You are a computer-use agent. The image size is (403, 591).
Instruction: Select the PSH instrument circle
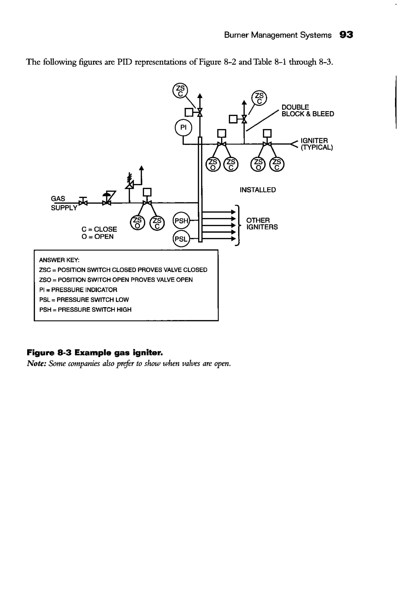pos(181,221)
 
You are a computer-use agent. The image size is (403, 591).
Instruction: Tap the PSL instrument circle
pos(181,239)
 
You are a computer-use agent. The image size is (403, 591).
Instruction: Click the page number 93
pos(346,35)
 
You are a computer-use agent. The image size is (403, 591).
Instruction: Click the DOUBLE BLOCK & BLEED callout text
pos(307,110)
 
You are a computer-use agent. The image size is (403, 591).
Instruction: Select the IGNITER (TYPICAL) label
pos(316,144)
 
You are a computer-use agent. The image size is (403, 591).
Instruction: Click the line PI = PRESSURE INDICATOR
pos(78,290)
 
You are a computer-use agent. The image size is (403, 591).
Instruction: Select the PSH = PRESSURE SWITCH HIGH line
pos(85,310)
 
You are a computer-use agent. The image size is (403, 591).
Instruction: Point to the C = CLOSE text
pos(99,229)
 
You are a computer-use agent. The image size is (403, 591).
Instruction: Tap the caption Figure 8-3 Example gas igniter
pos(95,353)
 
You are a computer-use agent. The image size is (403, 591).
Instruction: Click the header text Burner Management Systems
pos(277,35)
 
